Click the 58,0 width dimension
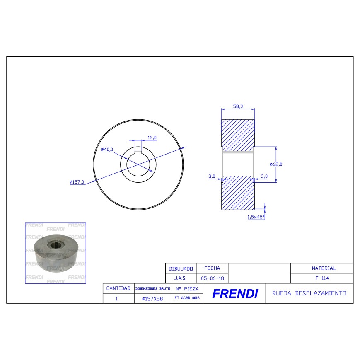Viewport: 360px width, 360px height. [x=238, y=106]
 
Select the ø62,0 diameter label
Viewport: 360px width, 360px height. [x=276, y=164]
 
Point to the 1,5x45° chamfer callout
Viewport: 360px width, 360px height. [x=256, y=217]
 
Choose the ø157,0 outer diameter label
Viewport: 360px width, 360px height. [x=77, y=182]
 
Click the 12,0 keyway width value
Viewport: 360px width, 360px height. [x=152, y=137]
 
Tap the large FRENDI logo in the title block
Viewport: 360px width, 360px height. [x=234, y=294]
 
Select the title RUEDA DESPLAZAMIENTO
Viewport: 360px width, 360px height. [x=309, y=293]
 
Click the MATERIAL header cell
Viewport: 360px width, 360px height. [x=323, y=268]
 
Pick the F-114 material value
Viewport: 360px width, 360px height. [x=323, y=278]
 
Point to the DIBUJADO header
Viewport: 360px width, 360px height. [x=181, y=268]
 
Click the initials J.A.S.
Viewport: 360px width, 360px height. [x=181, y=278]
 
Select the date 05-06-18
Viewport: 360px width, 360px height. [x=212, y=278]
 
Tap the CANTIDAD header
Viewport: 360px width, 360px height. [x=118, y=288]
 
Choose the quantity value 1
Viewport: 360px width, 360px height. [x=117, y=298]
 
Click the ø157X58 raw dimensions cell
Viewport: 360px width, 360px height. [x=152, y=298]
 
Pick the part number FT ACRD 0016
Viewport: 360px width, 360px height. [x=187, y=298]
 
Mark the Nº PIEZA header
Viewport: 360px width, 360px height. [x=187, y=288]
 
